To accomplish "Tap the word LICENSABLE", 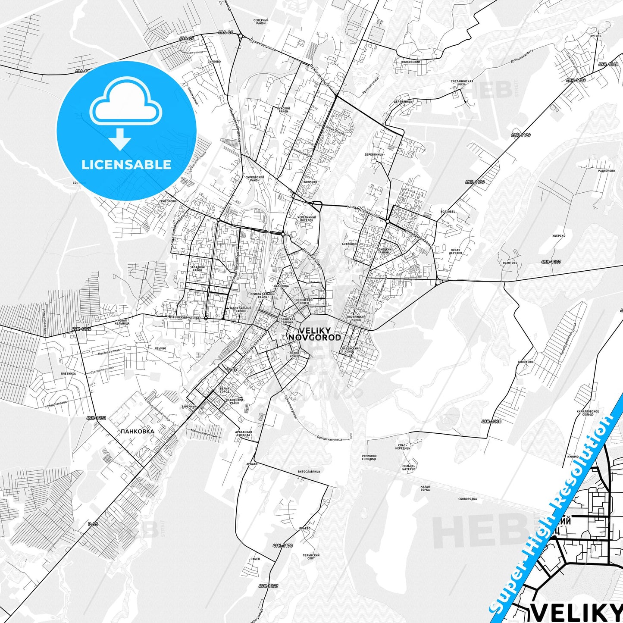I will pos(126,164).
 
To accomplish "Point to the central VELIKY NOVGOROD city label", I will pos(314,334).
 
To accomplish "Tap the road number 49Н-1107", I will pos(551,262).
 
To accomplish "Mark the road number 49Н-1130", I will pos(492,422).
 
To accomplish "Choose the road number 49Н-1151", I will pos(96,418).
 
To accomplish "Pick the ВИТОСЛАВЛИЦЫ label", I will pos(309,472).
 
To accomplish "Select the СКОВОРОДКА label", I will pos(467,499).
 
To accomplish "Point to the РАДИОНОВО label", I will pos(606,171).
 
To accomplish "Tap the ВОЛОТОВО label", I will pos(510,263).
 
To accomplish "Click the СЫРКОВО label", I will pos(214,62).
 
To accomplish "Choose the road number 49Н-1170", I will pos(282,546).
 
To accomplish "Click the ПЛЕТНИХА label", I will pos(69,374).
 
